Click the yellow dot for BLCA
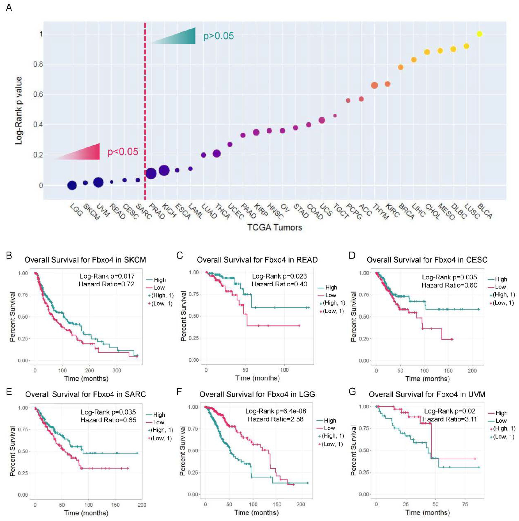coord(479,34)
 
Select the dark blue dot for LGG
coord(72,185)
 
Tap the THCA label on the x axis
coord(222,212)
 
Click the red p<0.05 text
coord(123,152)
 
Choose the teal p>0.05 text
coord(218,36)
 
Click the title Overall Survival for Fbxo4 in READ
coord(257,260)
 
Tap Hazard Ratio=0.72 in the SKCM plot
coord(106,284)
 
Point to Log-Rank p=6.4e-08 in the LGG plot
coord(276,411)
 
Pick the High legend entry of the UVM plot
coord(501,413)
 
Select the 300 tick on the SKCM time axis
coord(117,370)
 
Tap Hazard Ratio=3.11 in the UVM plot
coord(449,419)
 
